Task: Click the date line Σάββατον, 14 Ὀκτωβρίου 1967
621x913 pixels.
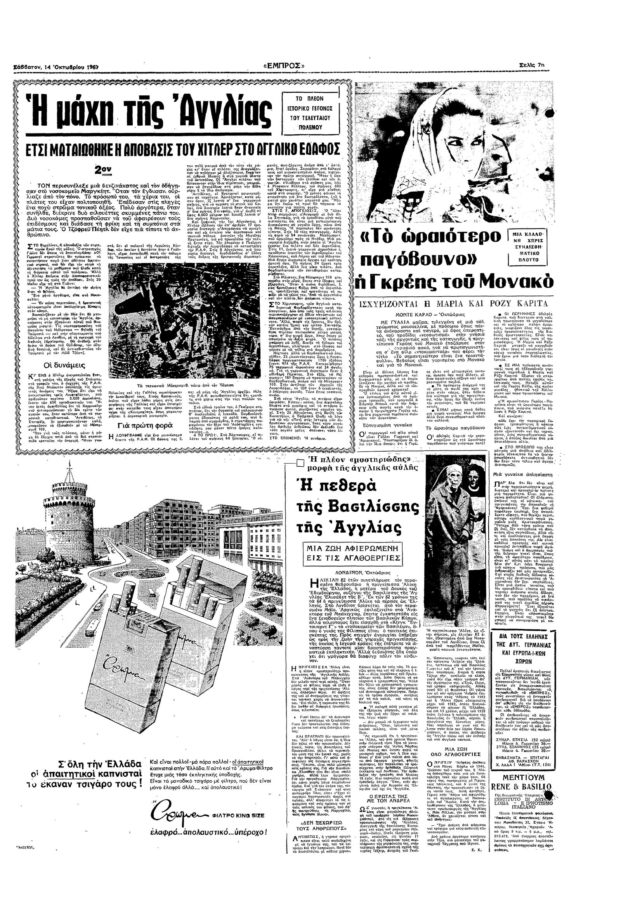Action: click(56, 67)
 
